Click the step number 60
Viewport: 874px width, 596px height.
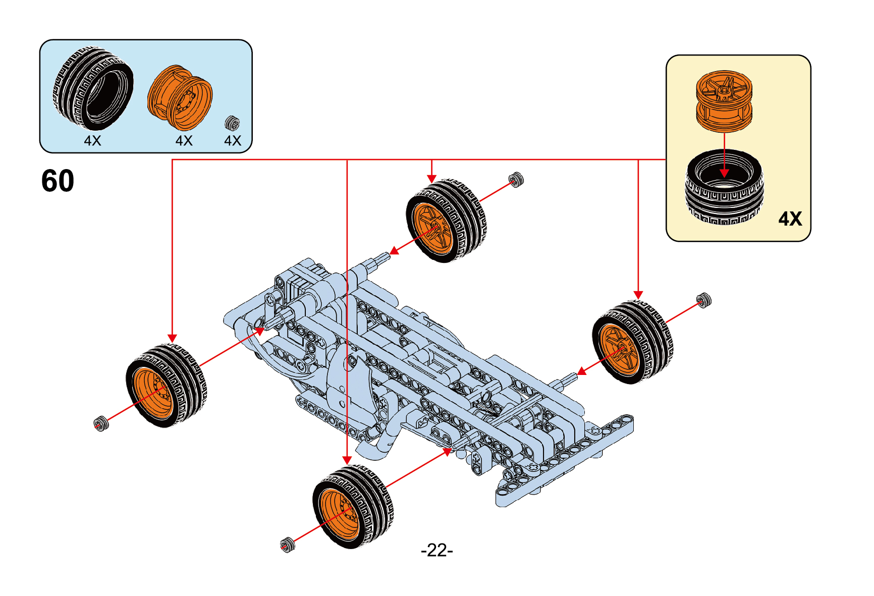58,181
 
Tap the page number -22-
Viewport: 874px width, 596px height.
436,550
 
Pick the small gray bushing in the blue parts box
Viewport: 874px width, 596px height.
232,123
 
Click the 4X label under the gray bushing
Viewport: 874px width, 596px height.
233,141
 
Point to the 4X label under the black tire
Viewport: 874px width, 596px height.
92,141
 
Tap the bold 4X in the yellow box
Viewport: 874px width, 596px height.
790,219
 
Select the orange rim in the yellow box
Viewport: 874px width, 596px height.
724,101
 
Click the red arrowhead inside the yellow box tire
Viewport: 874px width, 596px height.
724,173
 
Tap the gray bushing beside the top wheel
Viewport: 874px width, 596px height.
516,179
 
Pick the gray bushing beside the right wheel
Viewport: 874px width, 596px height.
703,300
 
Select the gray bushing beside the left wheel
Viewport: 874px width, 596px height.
101,424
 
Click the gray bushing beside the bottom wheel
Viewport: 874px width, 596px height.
287,545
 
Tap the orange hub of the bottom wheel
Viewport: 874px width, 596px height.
339,515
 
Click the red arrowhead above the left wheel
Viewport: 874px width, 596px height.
173,338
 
